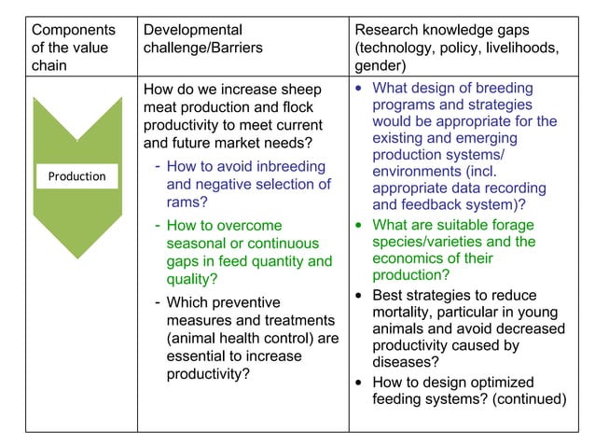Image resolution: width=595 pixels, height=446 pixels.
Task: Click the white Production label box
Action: point(77,176)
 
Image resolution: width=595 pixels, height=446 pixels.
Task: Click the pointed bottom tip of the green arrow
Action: point(77,272)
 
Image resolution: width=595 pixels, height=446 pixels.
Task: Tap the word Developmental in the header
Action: point(192,30)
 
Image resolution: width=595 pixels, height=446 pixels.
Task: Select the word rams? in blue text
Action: point(187,202)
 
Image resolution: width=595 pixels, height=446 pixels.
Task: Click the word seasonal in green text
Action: point(196,244)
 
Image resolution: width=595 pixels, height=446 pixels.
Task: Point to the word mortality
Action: point(405,312)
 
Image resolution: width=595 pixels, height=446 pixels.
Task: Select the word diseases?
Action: point(406,363)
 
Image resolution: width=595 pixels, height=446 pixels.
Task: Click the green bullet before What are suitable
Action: point(360,225)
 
